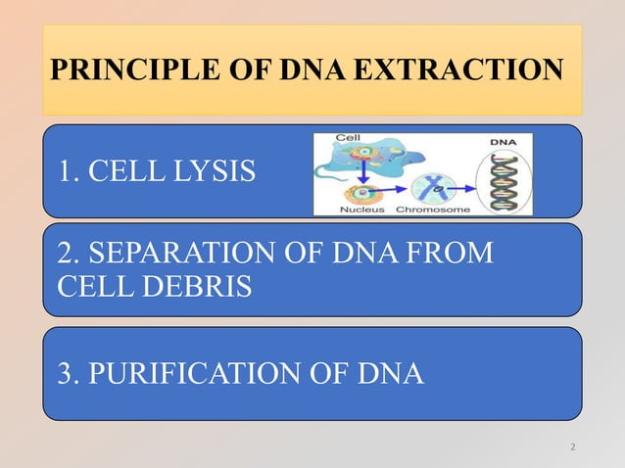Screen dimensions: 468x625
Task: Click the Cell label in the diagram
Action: click(346, 141)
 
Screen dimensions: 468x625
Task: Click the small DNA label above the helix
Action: click(504, 143)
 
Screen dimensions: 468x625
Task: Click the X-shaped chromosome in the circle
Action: click(432, 182)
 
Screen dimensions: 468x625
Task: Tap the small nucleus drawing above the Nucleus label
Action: click(361, 189)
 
